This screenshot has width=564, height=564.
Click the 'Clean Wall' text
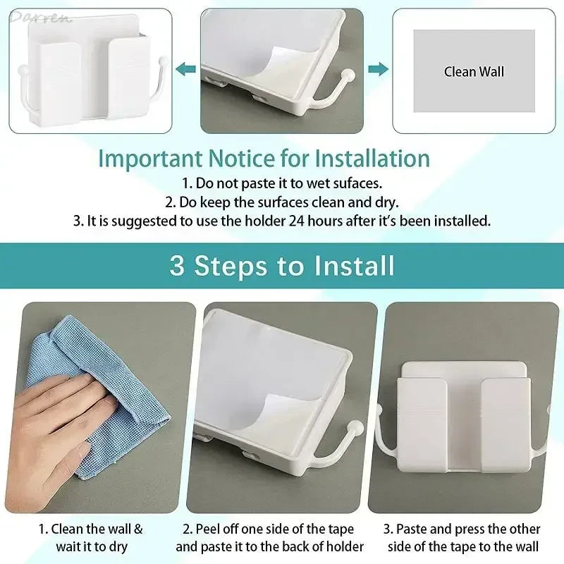point(474,71)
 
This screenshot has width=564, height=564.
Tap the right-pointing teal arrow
point(378,69)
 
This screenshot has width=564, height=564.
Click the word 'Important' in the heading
point(145,158)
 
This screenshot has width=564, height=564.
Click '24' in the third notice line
point(297,221)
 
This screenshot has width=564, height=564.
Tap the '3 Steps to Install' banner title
point(282,266)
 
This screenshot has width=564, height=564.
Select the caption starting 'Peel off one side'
point(269,537)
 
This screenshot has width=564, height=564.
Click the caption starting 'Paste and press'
point(462,537)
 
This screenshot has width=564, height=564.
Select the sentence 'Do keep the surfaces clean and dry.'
point(281,202)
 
